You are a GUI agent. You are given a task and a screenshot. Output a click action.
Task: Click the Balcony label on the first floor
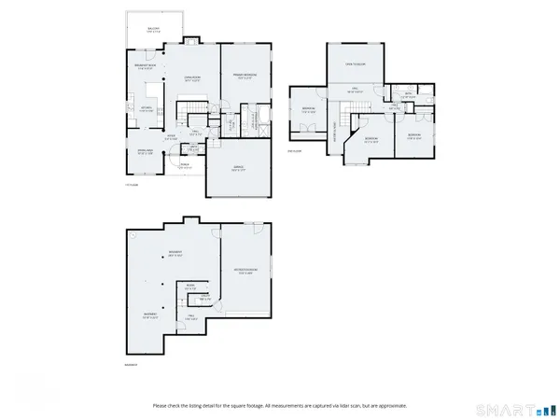click(153, 31)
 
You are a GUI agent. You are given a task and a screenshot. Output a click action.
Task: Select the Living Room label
click(192, 78)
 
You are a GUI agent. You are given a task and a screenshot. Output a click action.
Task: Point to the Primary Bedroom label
click(245, 75)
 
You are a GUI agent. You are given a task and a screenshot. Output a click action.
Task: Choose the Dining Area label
click(147, 153)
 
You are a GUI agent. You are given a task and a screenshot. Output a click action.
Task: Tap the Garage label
click(238, 168)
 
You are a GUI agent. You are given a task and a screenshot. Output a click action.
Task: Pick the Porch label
click(185, 166)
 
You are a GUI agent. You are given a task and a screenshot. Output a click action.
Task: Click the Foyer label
click(172, 137)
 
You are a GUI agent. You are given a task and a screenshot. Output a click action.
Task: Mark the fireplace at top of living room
click(191, 42)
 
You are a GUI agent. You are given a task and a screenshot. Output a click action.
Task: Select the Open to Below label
click(355, 64)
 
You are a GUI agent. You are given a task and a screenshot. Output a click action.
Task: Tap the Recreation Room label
click(246, 273)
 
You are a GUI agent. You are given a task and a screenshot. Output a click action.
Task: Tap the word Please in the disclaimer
click(161, 405)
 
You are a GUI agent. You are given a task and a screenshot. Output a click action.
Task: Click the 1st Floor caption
click(132, 185)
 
